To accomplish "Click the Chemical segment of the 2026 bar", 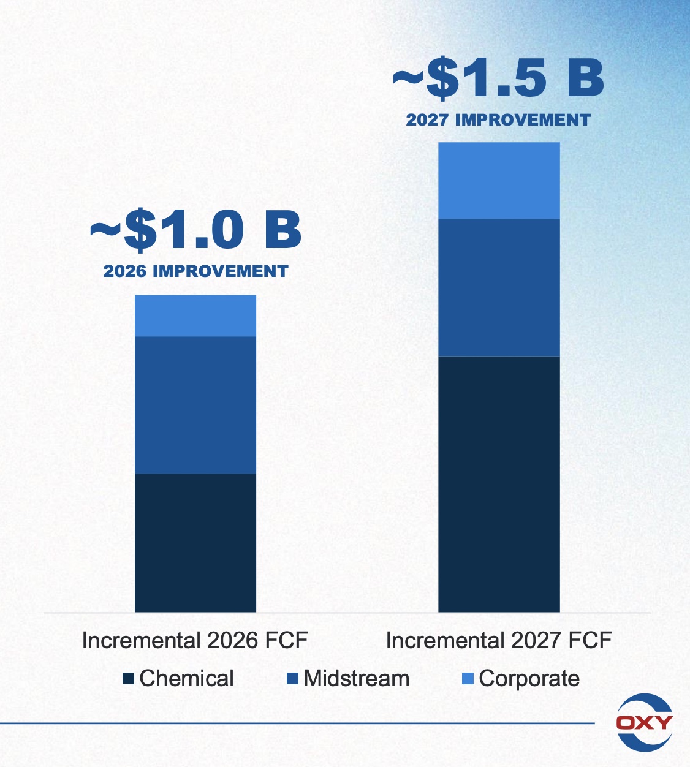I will tap(195, 542).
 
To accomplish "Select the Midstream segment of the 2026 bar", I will tap(195, 405).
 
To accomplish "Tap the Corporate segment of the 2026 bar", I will tap(195, 315).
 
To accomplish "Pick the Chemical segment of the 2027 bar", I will tap(499, 484).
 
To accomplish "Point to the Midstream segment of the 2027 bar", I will tap(499, 287).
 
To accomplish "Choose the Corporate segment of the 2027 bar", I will tap(499, 181).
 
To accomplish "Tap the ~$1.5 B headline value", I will tap(499, 78).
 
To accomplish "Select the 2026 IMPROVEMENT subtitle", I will tap(196, 271).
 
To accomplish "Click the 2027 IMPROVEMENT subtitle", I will tap(498, 119).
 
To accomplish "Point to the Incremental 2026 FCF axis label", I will tap(195, 641).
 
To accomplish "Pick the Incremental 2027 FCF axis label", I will tap(499, 641).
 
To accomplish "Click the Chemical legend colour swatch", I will tap(128, 679).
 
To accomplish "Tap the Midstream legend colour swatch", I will tap(292, 679).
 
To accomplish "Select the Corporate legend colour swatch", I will tap(468, 679).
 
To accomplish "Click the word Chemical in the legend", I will tap(186, 679).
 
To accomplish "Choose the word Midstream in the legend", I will tap(357, 679).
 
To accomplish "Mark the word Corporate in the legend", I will tap(529, 679).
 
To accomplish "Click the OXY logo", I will tap(644, 722).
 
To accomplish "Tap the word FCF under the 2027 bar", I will tap(590, 641).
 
